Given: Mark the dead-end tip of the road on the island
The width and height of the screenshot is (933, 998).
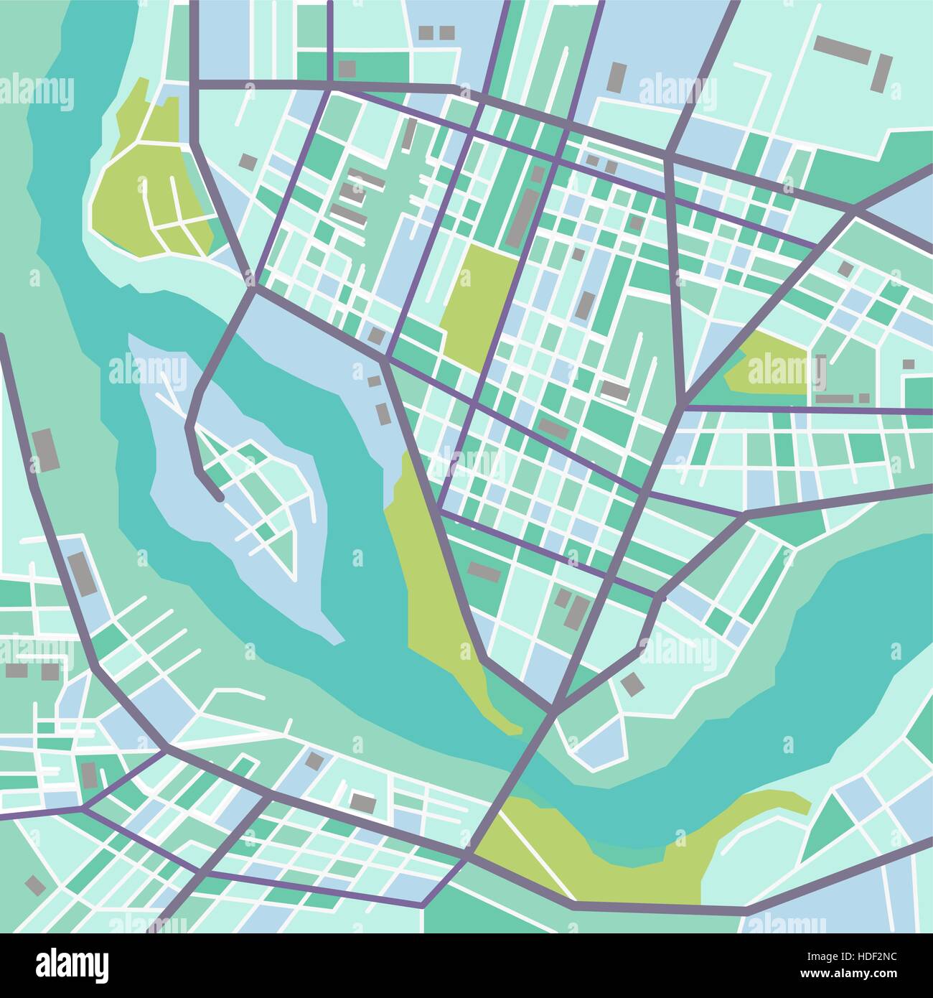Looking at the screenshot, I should click(x=218, y=495).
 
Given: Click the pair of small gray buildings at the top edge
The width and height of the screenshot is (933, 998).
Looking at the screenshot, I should click(x=436, y=32).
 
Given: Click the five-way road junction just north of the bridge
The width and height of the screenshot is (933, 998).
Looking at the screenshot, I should click(x=554, y=709).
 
